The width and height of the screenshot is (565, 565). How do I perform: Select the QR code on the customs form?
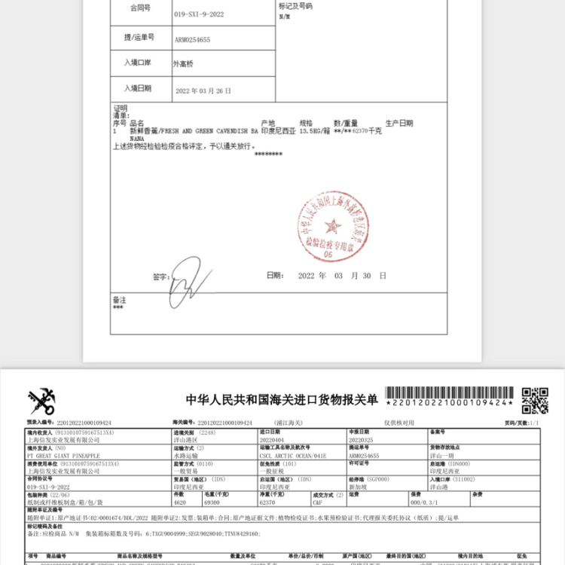point(535,401)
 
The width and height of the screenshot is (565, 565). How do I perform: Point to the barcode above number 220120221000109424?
point(451,393)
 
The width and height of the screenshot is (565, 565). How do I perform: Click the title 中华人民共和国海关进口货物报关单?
point(282,399)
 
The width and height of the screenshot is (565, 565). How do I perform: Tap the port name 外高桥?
point(184,64)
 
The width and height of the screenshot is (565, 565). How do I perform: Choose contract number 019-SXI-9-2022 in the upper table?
point(199,14)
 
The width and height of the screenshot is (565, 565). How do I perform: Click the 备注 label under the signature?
point(119,300)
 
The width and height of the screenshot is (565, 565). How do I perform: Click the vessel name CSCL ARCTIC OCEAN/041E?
point(282,456)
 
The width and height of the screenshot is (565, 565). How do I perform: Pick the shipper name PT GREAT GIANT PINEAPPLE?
point(63,456)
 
